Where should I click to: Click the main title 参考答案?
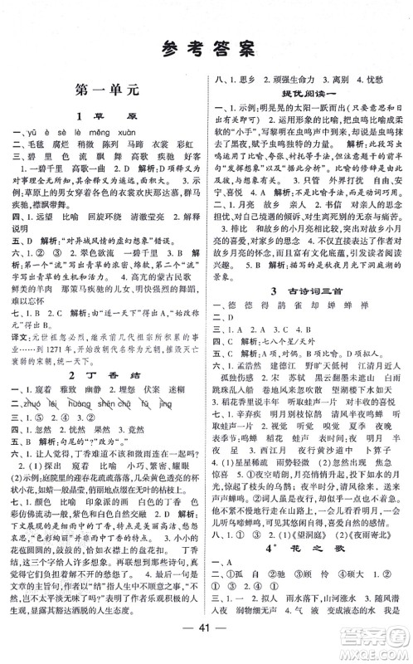coord(206,49)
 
